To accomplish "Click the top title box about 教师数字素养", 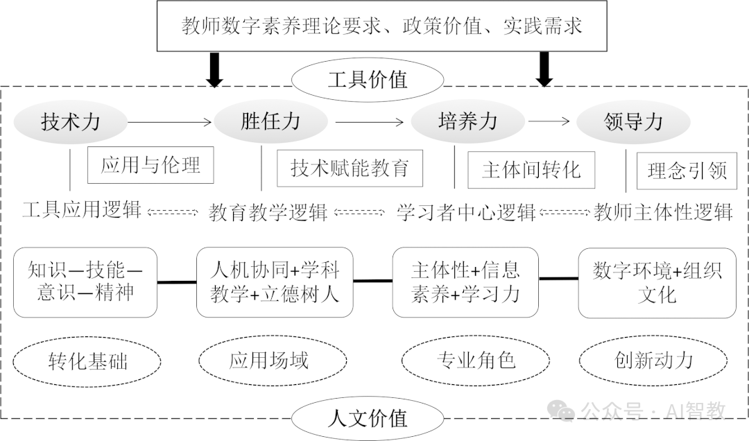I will (382, 26).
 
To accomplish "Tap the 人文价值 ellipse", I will (367, 418).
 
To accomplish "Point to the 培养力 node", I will (468, 122).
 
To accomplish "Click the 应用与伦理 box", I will (150, 165).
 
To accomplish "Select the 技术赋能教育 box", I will (350, 168).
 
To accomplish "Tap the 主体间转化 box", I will (531, 170).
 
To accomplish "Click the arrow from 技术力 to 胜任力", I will (170, 123).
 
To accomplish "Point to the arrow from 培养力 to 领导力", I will (549, 122).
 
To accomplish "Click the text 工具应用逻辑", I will (82, 209).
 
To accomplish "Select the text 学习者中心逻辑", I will (466, 211).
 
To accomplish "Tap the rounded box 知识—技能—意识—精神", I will (85, 282).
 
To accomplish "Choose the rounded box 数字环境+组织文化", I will (657, 282).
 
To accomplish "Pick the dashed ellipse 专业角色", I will (476, 360).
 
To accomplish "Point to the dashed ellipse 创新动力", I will (653, 360).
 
